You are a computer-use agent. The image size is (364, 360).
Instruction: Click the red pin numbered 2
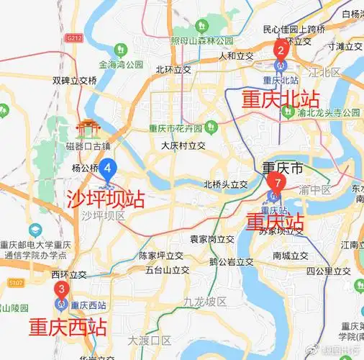(x=281, y=50)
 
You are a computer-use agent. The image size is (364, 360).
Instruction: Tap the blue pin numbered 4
(x=108, y=171)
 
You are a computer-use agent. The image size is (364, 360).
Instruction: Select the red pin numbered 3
(x=62, y=291)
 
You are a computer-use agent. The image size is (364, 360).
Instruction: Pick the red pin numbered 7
(x=276, y=184)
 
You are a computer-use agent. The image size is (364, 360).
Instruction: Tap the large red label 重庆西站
(x=68, y=328)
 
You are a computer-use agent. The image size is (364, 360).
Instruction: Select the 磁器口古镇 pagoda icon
(x=86, y=130)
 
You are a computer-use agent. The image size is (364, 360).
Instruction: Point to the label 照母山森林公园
(x=202, y=40)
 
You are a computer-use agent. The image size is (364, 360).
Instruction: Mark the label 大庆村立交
(x=183, y=145)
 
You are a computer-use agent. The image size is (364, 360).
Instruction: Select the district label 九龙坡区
(x=204, y=300)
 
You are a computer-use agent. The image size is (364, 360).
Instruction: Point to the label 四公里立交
(x=328, y=271)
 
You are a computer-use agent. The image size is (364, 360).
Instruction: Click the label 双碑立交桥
(x=74, y=81)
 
